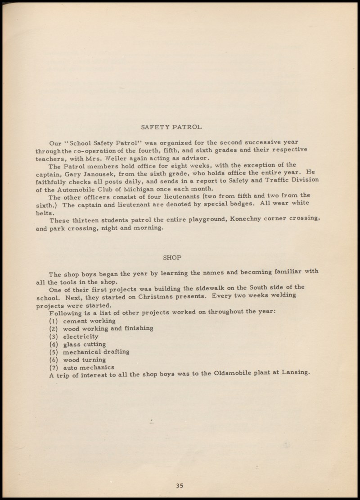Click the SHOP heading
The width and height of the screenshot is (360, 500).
[x=171, y=258]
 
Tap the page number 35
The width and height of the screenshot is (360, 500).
[x=180, y=485]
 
